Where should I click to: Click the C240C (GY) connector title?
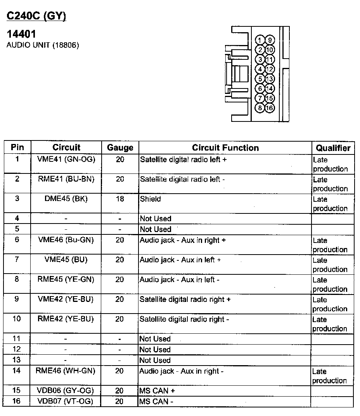click(x=36, y=16)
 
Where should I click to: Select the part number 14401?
click(x=22, y=35)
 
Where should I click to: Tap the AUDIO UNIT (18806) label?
click(x=43, y=45)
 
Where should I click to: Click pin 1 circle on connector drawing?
click(x=260, y=40)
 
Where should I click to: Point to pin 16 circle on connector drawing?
click(x=270, y=108)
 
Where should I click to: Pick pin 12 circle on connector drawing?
click(x=270, y=69)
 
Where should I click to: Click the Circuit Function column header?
click(x=225, y=148)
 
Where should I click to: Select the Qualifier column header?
click(x=333, y=148)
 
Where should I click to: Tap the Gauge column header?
click(x=120, y=148)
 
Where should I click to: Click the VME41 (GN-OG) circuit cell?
click(x=66, y=159)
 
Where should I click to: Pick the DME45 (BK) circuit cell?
click(x=66, y=199)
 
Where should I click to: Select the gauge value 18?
click(x=120, y=199)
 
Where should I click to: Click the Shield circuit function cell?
click(x=151, y=199)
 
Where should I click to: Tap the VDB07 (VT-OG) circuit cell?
click(x=65, y=401)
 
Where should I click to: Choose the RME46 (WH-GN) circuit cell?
click(x=65, y=371)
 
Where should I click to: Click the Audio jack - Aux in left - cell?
click(x=180, y=280)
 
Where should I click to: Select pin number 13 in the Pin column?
click(x=17, y=360)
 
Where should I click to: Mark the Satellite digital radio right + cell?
click(x=185, y=300)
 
